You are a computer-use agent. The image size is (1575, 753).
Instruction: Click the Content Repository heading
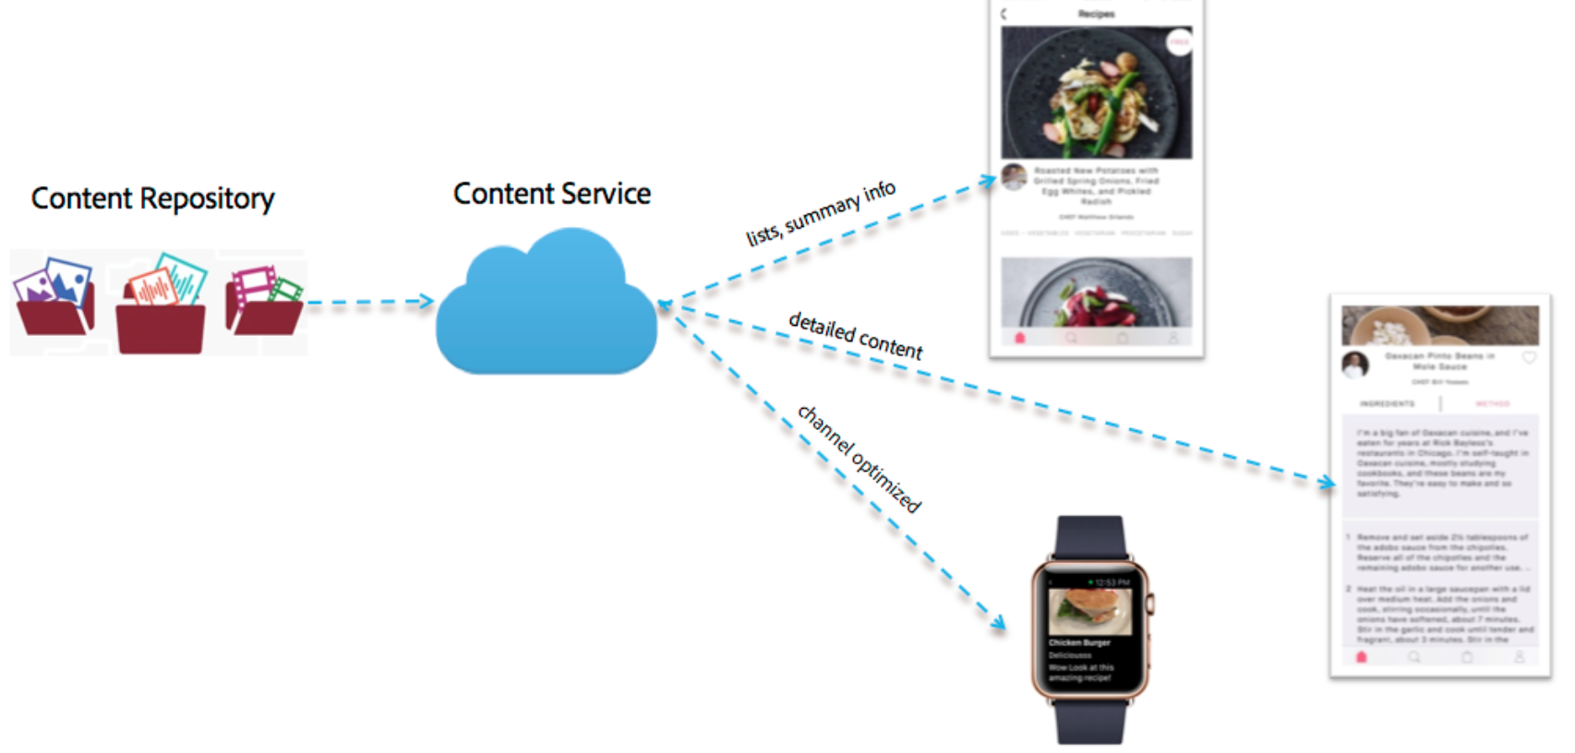point(152,198)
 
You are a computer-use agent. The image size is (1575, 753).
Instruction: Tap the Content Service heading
point(551,194)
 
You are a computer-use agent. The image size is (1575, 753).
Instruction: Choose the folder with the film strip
point(264,300)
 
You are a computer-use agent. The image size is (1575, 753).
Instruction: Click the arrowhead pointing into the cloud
point(425,301)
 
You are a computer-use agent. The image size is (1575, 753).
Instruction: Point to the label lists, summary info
point(820,213)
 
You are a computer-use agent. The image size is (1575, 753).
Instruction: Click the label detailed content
point(855,335)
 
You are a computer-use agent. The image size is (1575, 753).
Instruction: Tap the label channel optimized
point(860,458)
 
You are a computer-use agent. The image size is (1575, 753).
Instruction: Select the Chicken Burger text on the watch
point(1079,642)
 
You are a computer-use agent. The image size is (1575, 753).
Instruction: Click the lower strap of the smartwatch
point(1090,721)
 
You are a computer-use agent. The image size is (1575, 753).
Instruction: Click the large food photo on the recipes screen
point(1096,92)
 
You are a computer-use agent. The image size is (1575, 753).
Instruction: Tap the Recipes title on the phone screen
point(1096,14)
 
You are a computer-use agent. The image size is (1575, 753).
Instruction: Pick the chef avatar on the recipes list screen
point(1014,176)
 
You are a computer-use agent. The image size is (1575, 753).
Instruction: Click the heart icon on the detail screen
point(1529,358)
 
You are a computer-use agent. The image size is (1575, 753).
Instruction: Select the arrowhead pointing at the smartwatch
point(998,623)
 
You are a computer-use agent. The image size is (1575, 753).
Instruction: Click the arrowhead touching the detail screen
point(1327,482)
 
